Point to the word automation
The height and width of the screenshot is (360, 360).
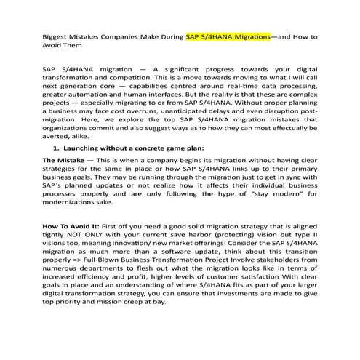tap(105, 94)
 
